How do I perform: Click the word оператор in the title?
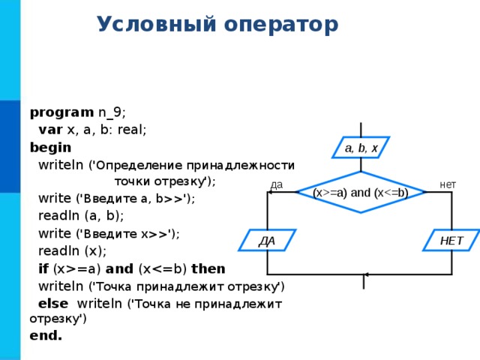[x=281, y=25]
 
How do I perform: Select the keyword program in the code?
[x=61, y=113]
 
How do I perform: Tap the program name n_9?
[x=110, y=113]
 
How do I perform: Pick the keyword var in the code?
[x=50, y=130]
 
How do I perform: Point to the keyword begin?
[x=50, y=148]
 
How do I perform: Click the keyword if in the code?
[x=43, y=268]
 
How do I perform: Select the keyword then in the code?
[x=208, y=268]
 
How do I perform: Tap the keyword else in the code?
[x=53, y=304]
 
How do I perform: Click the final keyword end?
[x=46, y=335]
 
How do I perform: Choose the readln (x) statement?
[x=72, y=251]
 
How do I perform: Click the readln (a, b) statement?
[x=81, y=216]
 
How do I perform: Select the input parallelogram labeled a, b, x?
[x=361, y=148]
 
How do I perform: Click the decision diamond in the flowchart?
[x=361, y=192]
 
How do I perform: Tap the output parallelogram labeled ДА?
[x=267, y=240]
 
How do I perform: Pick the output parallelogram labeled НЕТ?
[x=451, y=240]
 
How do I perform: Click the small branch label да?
[x=277, y=185]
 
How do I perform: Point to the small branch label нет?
[x=448, y=184]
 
